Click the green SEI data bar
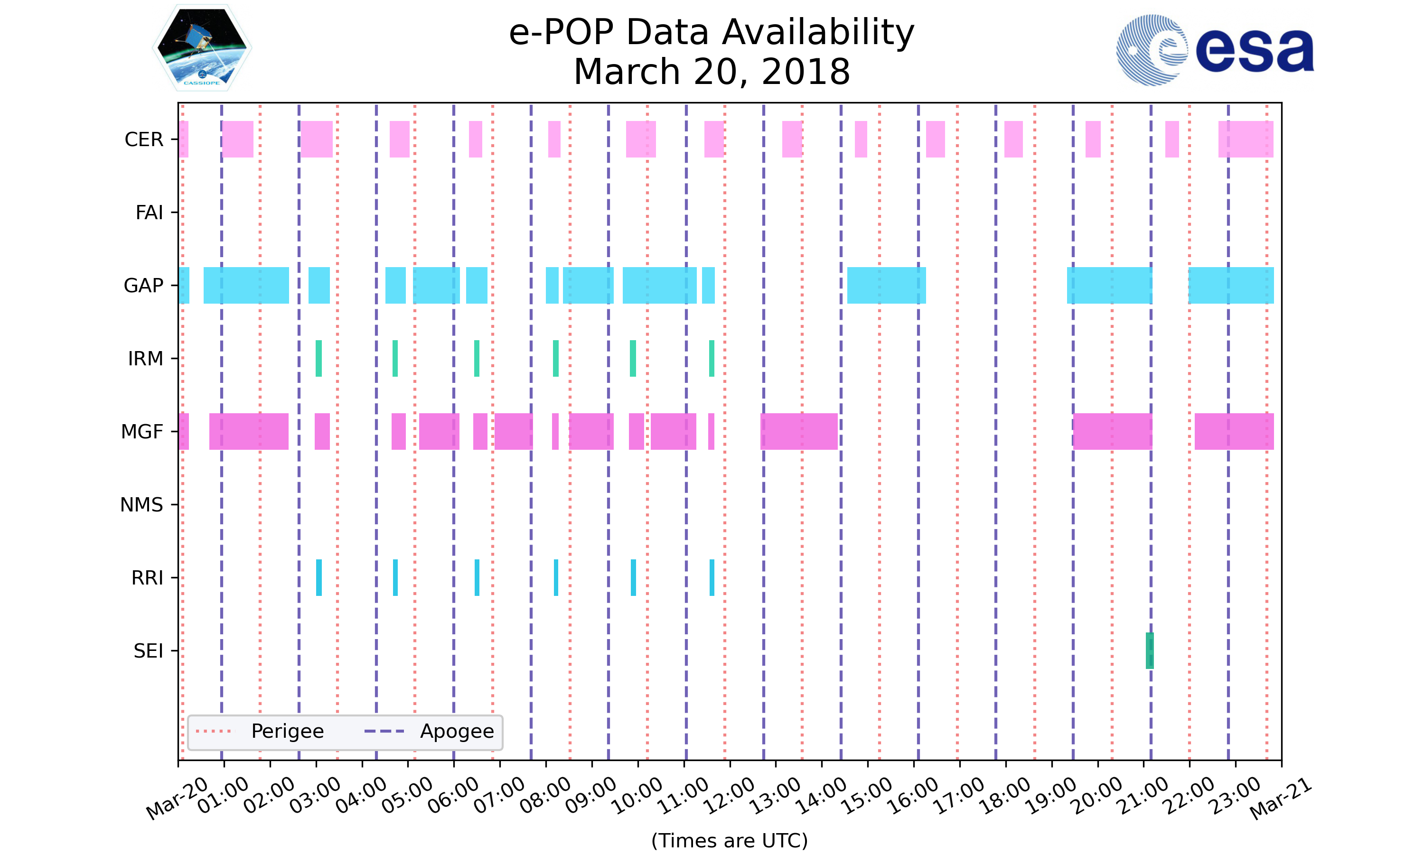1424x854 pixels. (1150, 650)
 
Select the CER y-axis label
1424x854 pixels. (144, 139)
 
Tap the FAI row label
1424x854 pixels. (149, 213)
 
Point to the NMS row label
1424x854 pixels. (141, 505)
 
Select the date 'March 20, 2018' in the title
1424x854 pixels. (712, 72)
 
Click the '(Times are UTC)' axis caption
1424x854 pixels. (729, 840)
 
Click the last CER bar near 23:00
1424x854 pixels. (1246, 139)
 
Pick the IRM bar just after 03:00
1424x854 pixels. (319, 359)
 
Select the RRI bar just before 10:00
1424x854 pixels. (633, 577)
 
